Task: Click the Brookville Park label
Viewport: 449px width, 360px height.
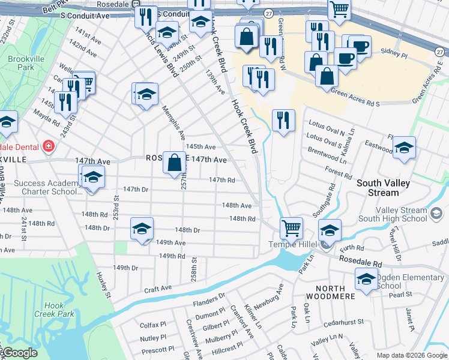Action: click(21, 64)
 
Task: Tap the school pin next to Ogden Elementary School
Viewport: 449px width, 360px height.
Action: click(366, 279)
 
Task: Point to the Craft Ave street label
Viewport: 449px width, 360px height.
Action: click(158, 289)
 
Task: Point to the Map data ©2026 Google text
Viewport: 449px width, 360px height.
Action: click(412, 355)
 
